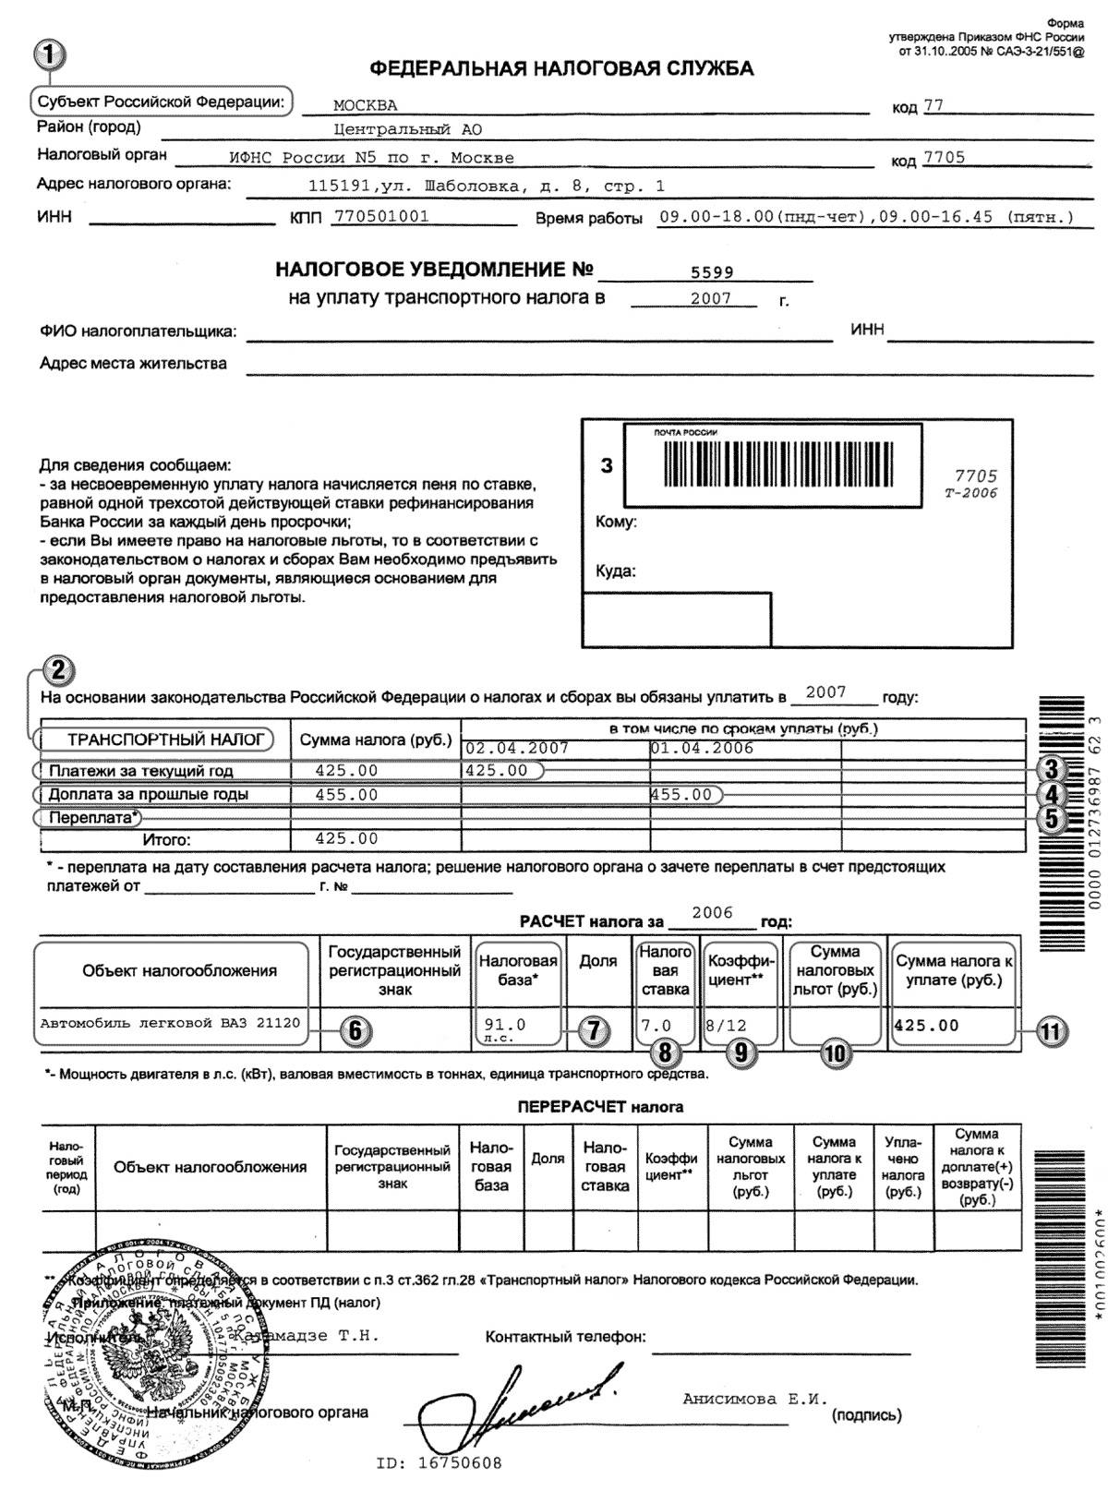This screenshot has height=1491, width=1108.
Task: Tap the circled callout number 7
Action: pyautogui.click(x=594, y=1031)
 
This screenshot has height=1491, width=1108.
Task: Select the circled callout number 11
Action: pyautogui.click(x=1049, y=1031)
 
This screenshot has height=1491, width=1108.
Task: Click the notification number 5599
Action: pyautogui.click(x=712, y=272)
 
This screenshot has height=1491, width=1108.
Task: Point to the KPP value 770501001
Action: pyautogui.click(x=380, y=217)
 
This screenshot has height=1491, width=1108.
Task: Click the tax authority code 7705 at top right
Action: pyautogui.click(x=944, y=158)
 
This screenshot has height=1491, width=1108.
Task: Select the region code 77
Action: pyautogui.click(x=933, y=105)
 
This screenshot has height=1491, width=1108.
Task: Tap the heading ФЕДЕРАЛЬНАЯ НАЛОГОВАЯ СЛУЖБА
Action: pyautogui.click(x=560, y=68)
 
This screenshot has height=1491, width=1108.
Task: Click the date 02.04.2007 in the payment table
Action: pyautogui.click(x=517, y=749)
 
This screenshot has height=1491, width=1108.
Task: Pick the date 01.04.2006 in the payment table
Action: pyautogui.click(x=702, y=749)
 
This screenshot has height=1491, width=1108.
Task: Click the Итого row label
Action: pyautogui.click(x=166, y=840)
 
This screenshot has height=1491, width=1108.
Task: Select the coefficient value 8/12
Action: pyautogui.click(x=725, y=1025)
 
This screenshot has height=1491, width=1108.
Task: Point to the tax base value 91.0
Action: pyautogui.click(x=504, y=1025)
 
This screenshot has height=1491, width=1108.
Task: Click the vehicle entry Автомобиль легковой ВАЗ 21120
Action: pyautogui.click(x=171, y=1023)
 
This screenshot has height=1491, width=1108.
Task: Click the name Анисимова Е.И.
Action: pyautogui.click(x=755, y=1399)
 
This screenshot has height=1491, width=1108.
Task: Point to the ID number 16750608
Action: pyautogui.click(x=440, y=1463)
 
